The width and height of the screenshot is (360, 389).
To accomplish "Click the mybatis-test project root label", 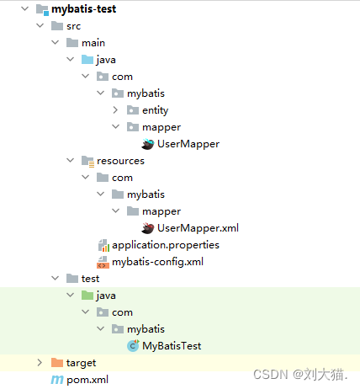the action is point(83,9).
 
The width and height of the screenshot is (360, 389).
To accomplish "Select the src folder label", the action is point(74,26).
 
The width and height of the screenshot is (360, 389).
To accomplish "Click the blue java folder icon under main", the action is point(87,60).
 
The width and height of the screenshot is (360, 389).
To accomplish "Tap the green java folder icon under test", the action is point(87,296).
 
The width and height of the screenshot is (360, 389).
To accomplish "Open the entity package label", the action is point(156,110).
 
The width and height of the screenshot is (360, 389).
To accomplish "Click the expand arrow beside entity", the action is point(115,110).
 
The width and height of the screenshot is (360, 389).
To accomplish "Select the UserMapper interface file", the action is point(188,144).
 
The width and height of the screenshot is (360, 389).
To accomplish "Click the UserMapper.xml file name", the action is point(198,228).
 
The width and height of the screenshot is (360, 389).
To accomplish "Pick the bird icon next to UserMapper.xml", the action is point(148,228).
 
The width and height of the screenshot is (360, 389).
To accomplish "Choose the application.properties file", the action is point(166,245).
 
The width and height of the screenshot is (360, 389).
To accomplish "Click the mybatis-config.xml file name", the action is point(157,262).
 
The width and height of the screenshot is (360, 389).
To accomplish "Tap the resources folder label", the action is point(120,161).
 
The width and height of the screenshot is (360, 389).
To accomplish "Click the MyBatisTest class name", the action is point(172,346).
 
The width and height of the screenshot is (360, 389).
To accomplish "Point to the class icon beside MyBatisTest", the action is point(133,346).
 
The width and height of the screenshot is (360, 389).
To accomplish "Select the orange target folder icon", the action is point(57,363).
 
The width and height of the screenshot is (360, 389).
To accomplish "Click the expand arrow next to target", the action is point(40,363).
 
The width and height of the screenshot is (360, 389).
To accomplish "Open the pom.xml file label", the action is point(87,380).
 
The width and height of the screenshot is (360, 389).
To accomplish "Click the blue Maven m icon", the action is point(57,380).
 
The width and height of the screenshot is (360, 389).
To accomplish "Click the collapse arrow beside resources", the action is point(70,160).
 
